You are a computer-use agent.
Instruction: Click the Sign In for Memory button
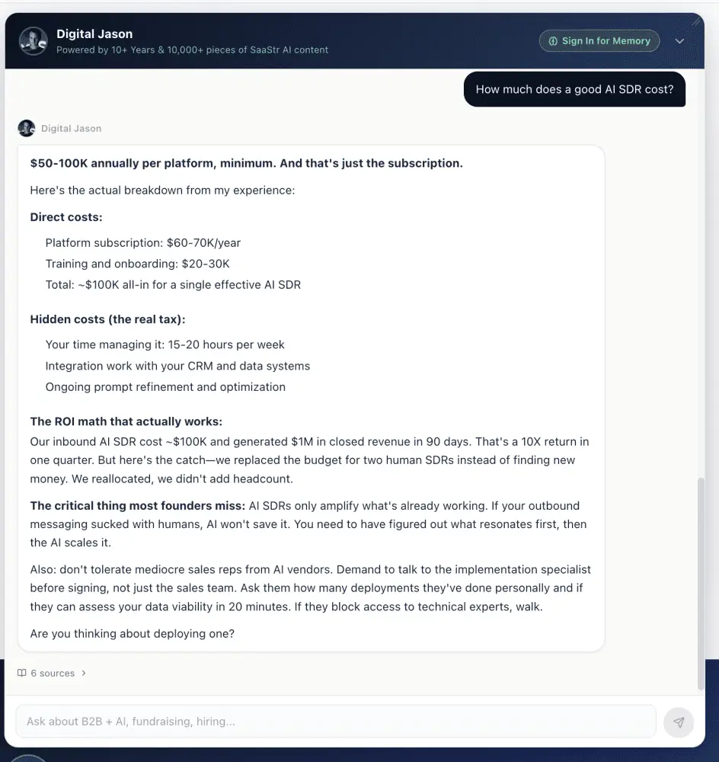pyautogui.click(x=599, y=41)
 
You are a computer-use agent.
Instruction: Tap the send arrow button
pyautogui.click(x=679, y=722)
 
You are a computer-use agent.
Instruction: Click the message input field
pyautogui.click(x=335, y=722)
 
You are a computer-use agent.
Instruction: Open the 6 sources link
pyautogui.click(x=52, y=674)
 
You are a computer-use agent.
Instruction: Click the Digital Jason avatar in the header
pyautogui.click(x=34, y=41)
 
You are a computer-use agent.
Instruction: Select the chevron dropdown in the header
pyautogui.click(x=680, y=41)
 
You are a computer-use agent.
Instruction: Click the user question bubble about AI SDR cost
pyautogui.click(x=574, y=89)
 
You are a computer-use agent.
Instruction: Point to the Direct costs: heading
pyautogui.click(x=66, y=217)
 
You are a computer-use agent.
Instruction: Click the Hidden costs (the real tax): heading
pyautogui.click(x=107, y=319)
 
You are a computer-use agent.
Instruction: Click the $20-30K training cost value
pyautogui.click(x=205, y=264)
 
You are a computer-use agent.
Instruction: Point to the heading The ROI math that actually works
pyautogui.click(x=126, y=421)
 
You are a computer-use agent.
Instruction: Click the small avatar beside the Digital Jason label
pyautogui.click(x=27, y=128)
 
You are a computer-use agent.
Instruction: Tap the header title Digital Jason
pyautogui.click(x=94, y=34)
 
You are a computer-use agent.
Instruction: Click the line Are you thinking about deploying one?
pyautogui.click(x=132, y=633)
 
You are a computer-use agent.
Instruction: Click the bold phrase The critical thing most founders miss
pyautogui.click(x=137, y=506)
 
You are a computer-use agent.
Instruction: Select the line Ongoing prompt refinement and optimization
pyautogui.click(x=165, y=387)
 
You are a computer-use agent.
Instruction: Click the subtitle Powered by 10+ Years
pyautogui.click(x=192, y=50)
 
